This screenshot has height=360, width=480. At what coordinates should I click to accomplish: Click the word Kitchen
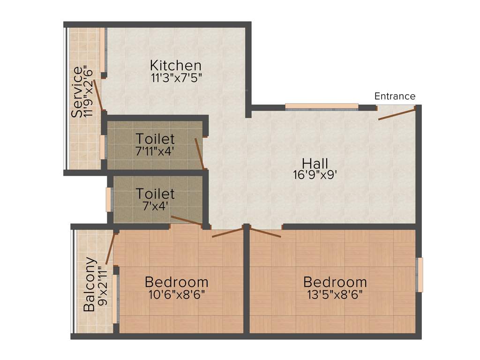click(176, 65)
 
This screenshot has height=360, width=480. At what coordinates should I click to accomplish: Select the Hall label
click(315, 163)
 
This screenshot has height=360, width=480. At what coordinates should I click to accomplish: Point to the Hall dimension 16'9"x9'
click(315, 175)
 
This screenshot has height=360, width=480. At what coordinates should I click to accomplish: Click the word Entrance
click(395, 96)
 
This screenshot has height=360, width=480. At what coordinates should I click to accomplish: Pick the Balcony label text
click(90, 285)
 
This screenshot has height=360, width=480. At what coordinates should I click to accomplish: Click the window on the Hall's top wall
click(322, 106)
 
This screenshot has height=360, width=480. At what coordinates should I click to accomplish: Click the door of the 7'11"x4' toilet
click(199, 153)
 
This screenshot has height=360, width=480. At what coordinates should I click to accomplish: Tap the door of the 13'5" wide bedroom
click(265, 232)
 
